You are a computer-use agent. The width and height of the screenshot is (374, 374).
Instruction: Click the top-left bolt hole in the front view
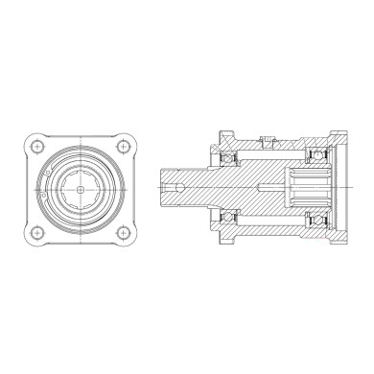coord(35,146)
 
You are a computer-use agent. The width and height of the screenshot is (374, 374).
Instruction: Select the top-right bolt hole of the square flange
coord(123,146)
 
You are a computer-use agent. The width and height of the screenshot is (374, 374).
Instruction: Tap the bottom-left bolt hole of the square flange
coord(35,232)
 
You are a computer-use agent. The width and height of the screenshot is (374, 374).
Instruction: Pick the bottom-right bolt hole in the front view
coord(123,232)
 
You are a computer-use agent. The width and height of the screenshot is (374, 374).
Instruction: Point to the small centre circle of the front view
coord(79,189)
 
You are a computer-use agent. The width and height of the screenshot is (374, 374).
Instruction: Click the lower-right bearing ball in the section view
coord(314,223)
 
